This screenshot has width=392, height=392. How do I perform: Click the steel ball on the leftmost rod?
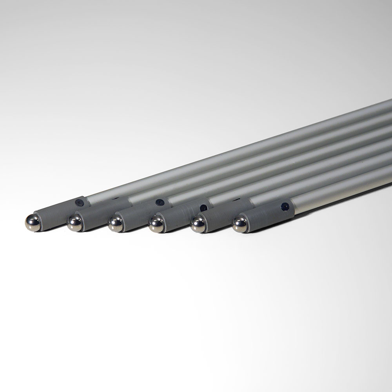[x=33, y=223]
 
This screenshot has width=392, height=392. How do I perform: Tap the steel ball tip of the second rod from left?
[x=74, y=223]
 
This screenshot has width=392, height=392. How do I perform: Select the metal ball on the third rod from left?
[x=116, y=224]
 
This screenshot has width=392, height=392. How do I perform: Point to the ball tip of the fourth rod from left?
[x=156, y=225]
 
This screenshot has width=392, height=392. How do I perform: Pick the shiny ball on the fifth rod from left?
[x=198, y=225]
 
